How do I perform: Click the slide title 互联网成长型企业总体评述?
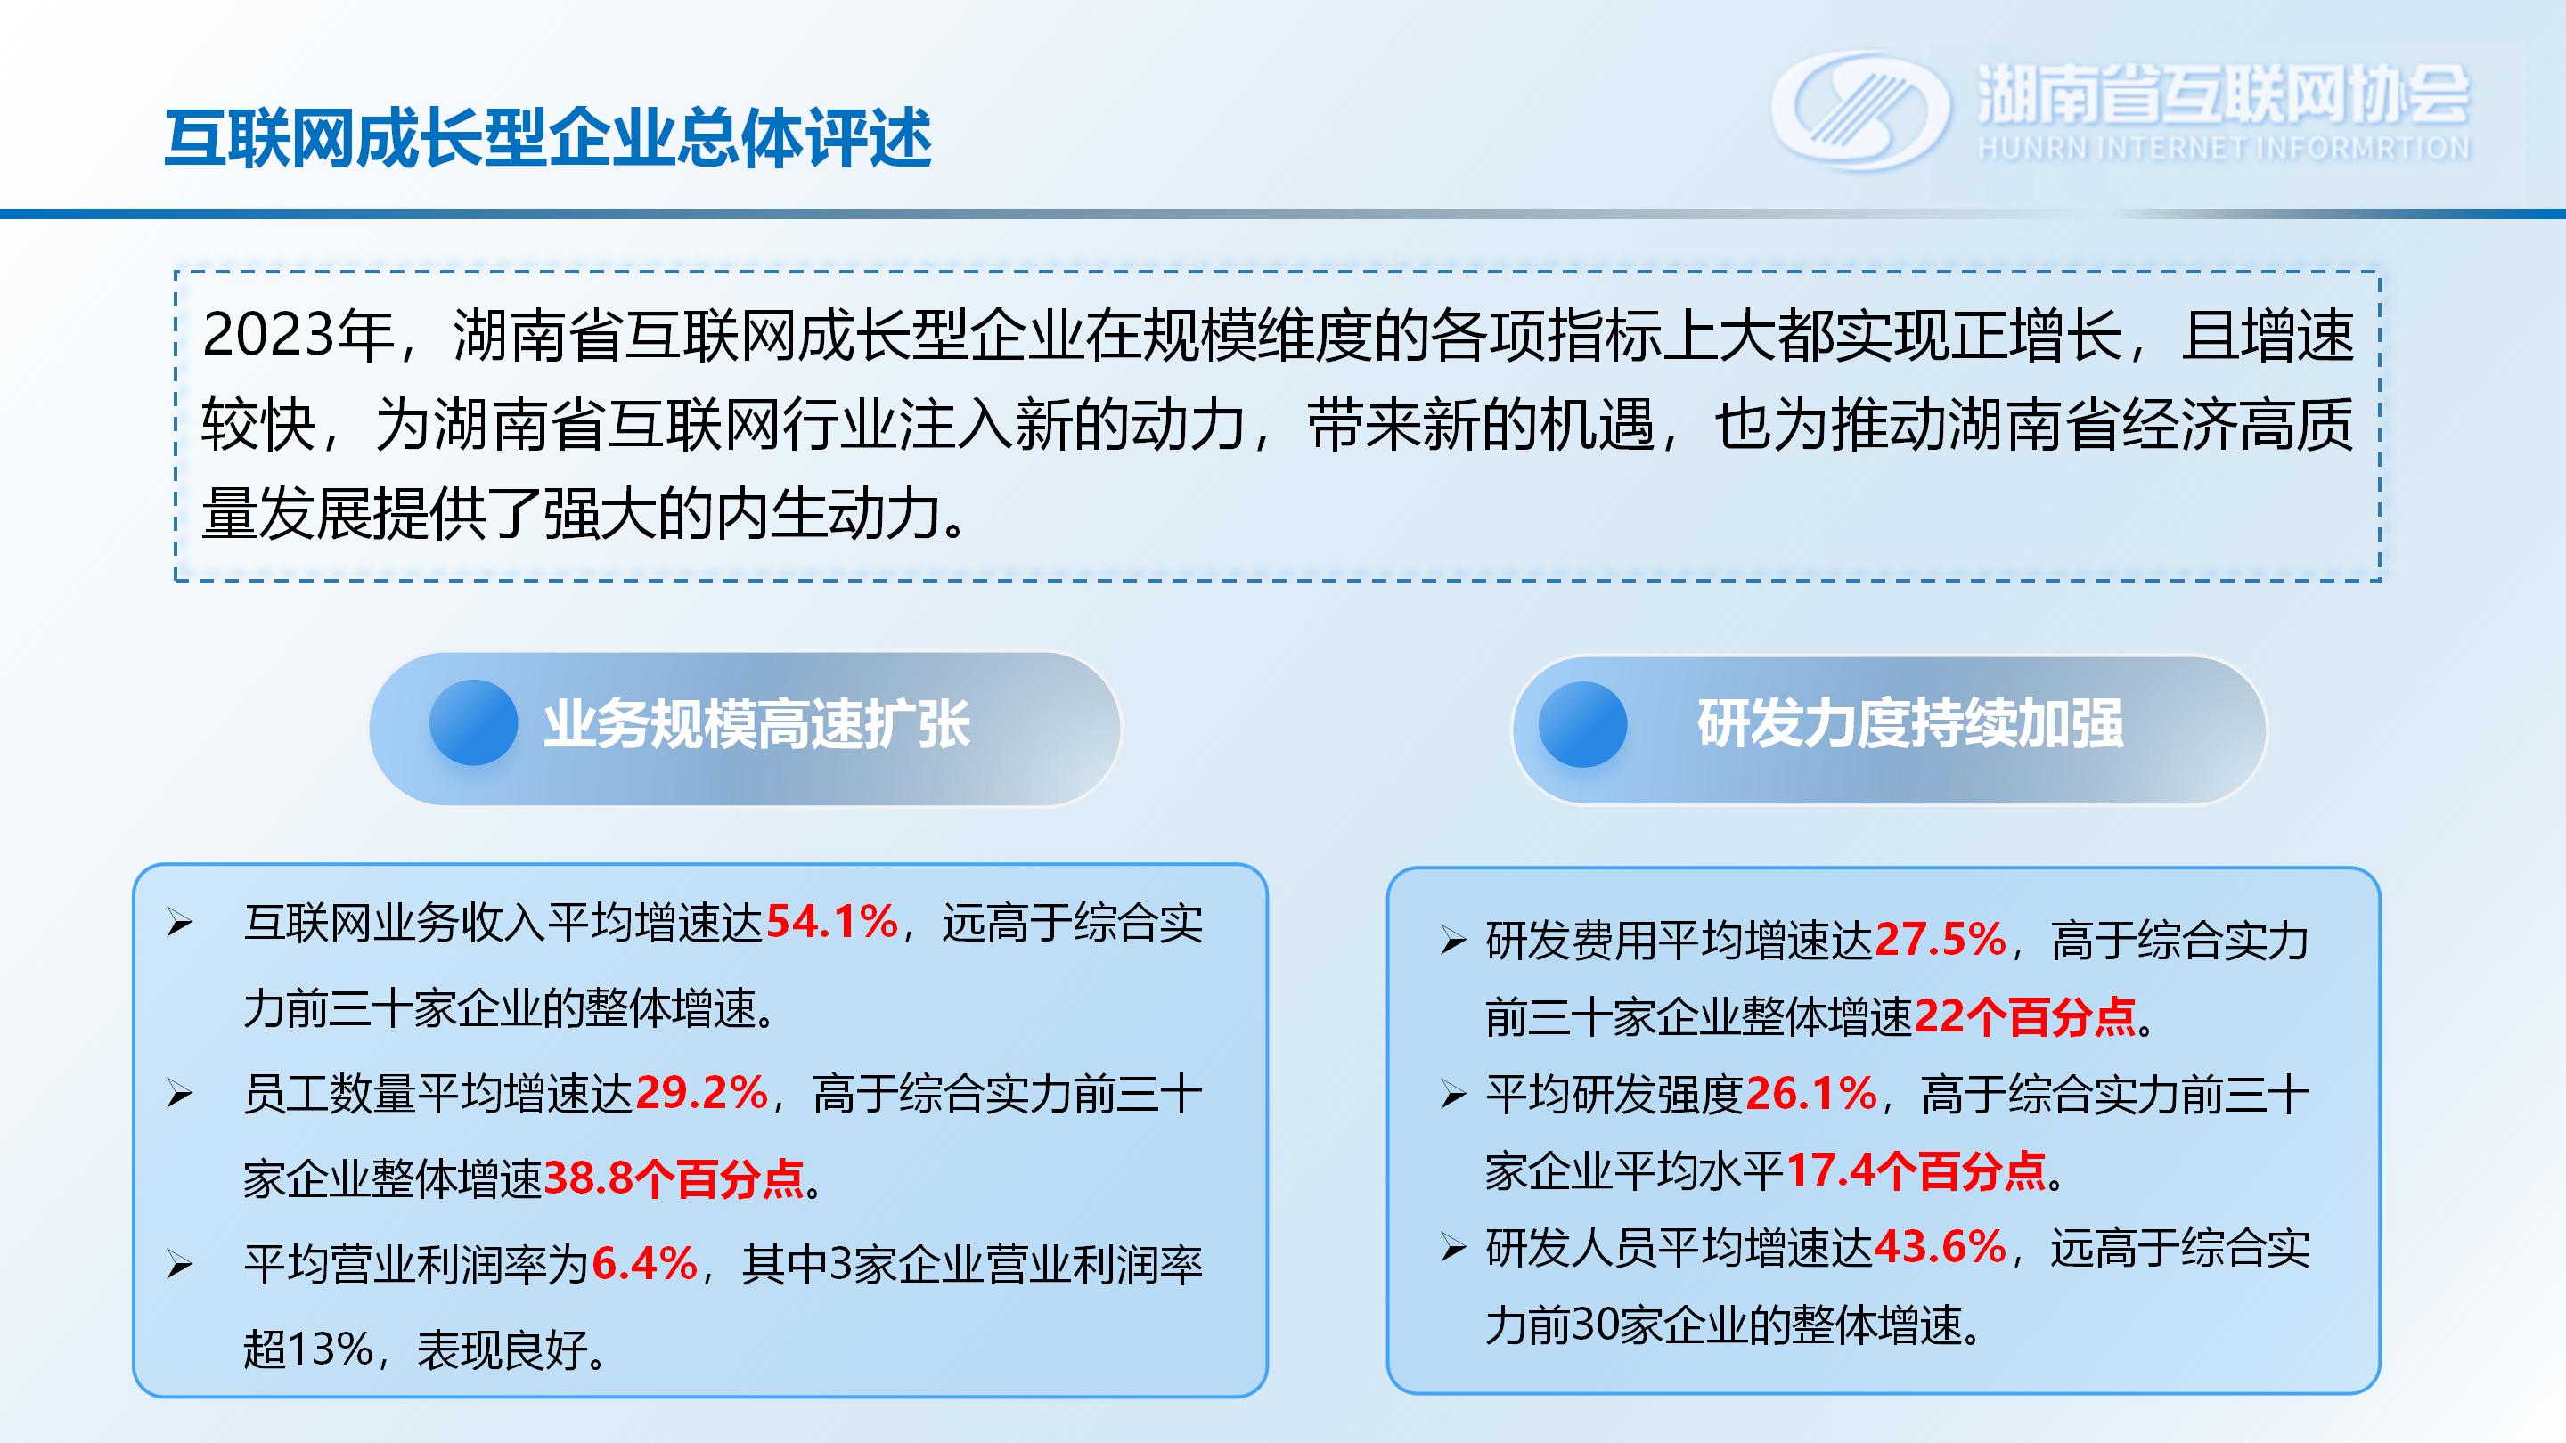[548, 137]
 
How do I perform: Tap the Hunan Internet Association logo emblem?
[1859, 110]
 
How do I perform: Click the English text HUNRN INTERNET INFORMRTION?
[2223, 149]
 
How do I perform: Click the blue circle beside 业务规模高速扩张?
[473, 722]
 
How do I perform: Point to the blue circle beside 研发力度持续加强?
[1583, 724]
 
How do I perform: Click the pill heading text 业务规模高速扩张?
[757, 724]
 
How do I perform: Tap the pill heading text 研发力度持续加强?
[1910, 724]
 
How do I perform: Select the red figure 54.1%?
[832, 922]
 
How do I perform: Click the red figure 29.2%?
[701, 1094]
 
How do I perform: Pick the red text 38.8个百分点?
[674, 1179]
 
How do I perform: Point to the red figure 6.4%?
[644, 1265]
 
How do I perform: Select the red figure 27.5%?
[1941, 939]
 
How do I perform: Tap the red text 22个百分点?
[2025, 1016]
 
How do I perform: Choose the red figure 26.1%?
[1812, 1094]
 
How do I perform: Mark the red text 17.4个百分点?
[1916, 1170]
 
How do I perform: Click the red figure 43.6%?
[1941, 1247]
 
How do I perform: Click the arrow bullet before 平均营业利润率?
[179, 1265]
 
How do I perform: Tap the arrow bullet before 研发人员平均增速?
[1453, 1248]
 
